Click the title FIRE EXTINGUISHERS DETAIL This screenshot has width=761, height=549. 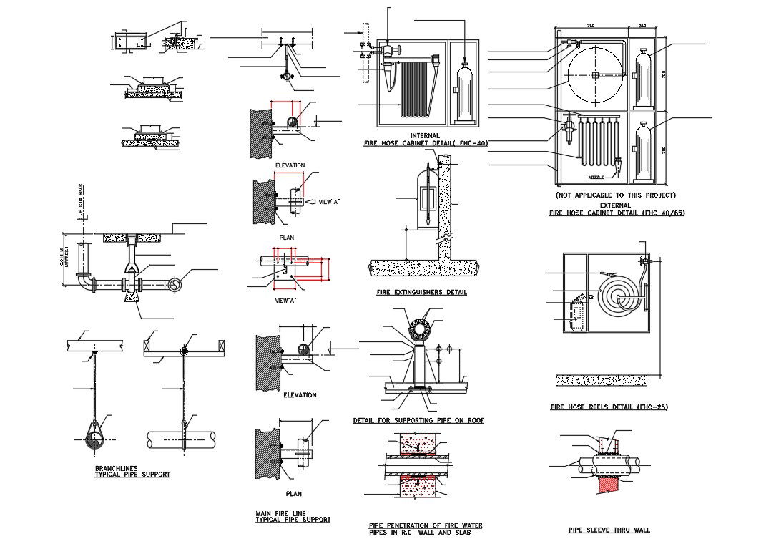click(421, 293)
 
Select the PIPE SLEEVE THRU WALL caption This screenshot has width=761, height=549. click(609, 530)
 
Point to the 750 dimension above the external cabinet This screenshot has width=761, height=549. click(590, 26)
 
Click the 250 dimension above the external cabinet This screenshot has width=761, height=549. click(642, 26)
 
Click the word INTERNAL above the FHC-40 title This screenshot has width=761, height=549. click(425, 135)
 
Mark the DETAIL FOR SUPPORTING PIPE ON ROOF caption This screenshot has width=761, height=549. click(418, 421)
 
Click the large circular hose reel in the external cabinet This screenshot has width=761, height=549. click(595, 74)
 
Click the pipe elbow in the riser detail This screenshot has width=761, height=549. click(89, 286)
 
